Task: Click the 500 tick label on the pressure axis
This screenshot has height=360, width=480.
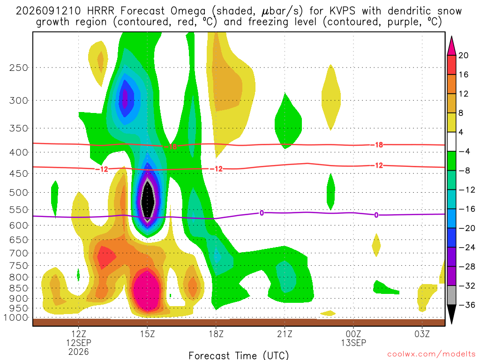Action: coord(18,193)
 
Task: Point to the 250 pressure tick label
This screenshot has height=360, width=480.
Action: coord(18,67)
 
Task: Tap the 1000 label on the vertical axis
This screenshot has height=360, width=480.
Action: coord(16,317)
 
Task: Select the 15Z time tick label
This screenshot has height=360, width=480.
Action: coord(147,334)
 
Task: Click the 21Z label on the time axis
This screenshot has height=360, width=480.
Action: coord(285,334)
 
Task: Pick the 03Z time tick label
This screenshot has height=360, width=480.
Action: coord(422,334)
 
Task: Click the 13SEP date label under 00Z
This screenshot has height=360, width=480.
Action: coord(353,343)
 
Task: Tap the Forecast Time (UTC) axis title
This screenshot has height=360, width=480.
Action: coord(239,355)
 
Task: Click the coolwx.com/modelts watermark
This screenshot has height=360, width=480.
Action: coord(431,354)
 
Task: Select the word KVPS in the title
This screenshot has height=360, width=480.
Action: coord(342,11)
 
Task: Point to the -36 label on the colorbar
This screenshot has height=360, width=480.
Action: coord(467,305)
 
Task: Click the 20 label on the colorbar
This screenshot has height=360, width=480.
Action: coord(464,55)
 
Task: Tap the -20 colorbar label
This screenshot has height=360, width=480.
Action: coord(467,228)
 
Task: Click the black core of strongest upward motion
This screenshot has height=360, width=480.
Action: coord(148,199)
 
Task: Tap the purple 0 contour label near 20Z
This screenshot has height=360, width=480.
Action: coord(262,213)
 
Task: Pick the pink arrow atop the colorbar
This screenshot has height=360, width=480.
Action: coord(451,46)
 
